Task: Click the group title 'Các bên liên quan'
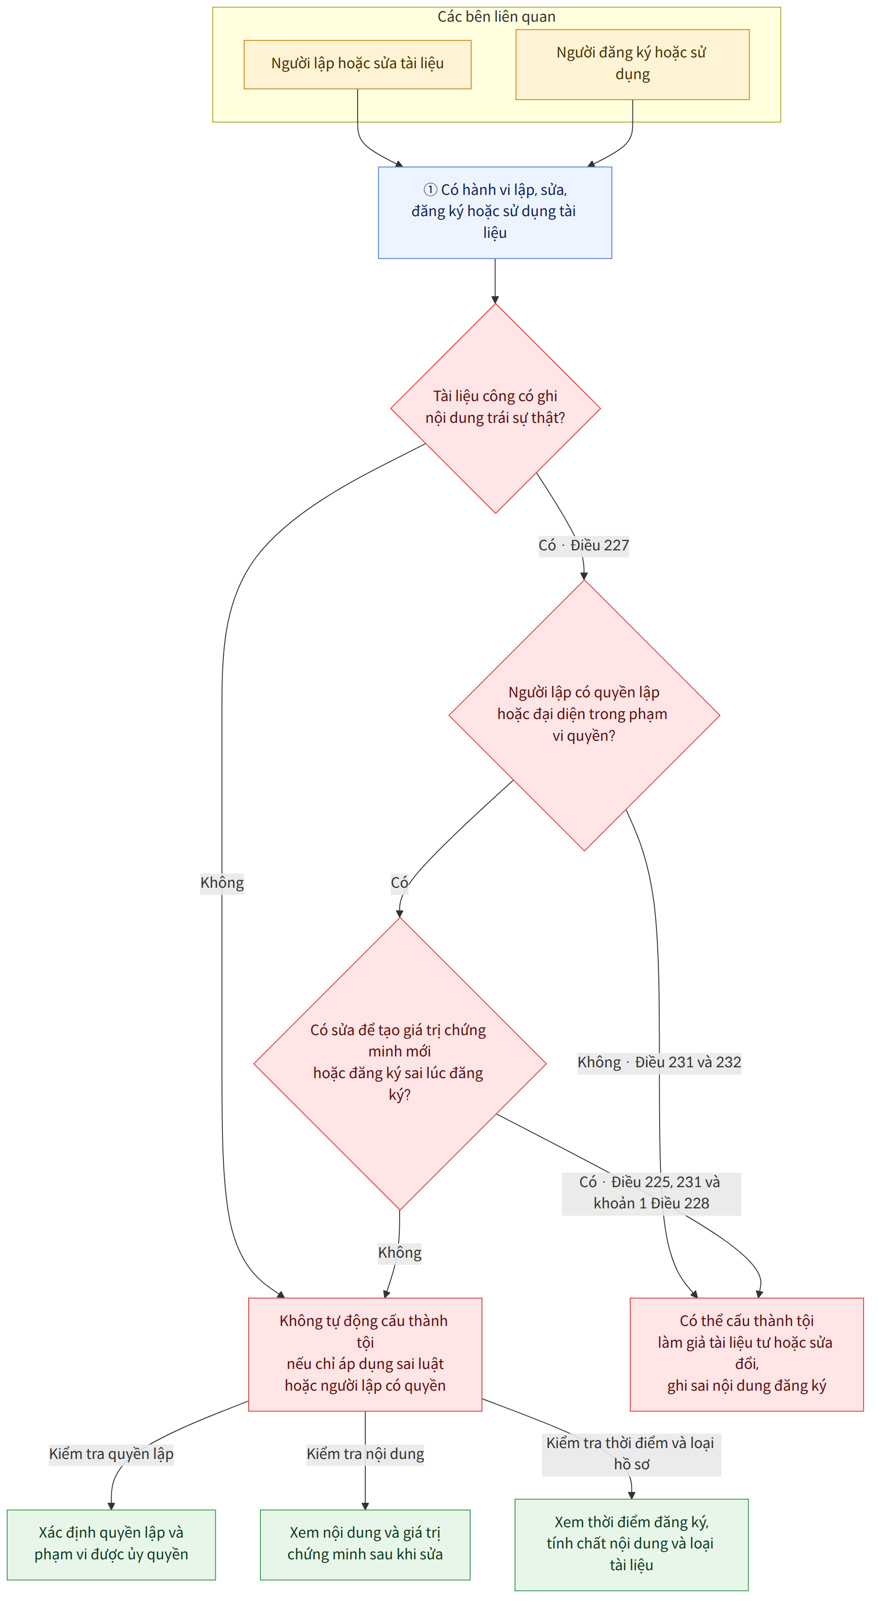(496, 17)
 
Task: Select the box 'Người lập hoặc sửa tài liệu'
(358, 64)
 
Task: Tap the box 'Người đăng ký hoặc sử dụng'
(633, 64)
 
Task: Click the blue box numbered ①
(495, 213)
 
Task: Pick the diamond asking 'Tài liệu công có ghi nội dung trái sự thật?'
(496, 408)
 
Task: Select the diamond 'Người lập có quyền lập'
(584, 715)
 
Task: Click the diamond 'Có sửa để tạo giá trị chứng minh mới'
(400, 1063)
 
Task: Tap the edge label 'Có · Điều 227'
(584, 545)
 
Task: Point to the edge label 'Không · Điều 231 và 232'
(659, 1062)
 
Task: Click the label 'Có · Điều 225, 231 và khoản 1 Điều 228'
(651, 1193)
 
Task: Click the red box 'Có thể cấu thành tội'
(747, 1353)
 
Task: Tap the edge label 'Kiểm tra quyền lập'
(111, 1454)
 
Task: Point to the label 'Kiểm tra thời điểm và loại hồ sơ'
(631, 1454)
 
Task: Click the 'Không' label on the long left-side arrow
(222, 882)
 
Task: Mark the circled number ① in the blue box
(430, 189)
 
